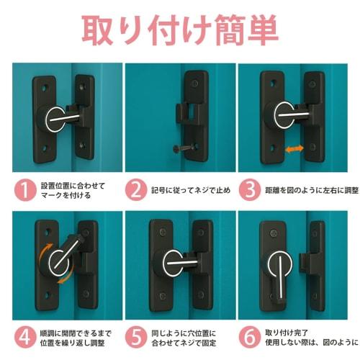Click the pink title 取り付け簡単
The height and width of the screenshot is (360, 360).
coord(180,31)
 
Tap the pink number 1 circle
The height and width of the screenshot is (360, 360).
coord(25,191)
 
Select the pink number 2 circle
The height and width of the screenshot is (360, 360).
coord(136,191)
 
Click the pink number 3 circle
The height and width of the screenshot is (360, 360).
coord(248,191)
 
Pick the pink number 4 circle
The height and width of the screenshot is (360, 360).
coord(25,336)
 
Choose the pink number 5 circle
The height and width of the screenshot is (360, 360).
coord(136,336)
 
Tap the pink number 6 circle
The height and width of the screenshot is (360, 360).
coord(248,336)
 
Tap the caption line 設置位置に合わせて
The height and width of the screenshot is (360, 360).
coord(73,186)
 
